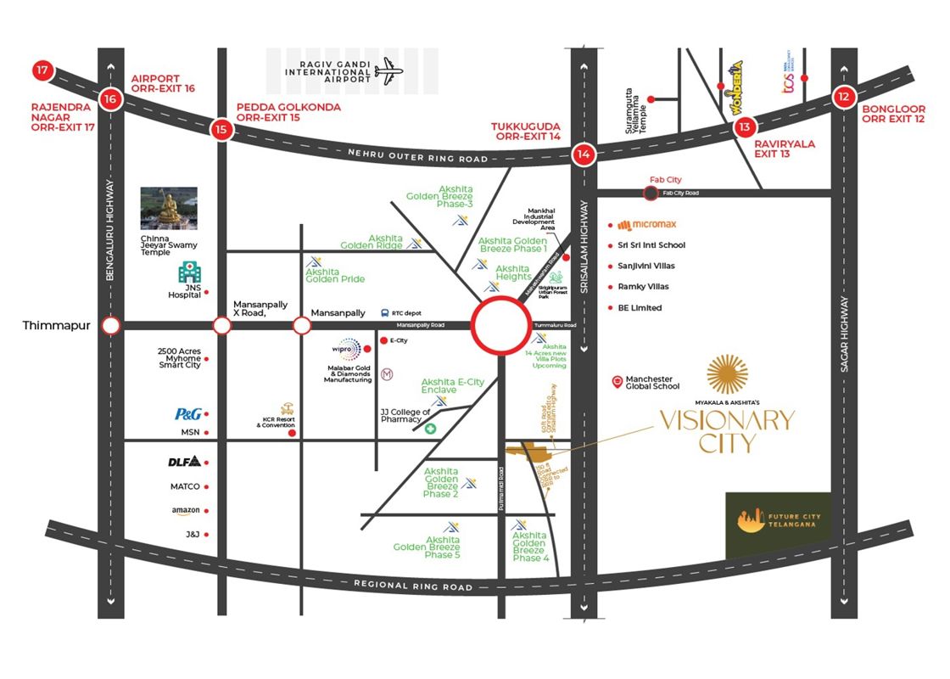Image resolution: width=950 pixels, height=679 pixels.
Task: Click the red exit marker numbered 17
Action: [41, 70]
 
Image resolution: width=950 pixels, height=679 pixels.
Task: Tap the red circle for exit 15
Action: [221, 129]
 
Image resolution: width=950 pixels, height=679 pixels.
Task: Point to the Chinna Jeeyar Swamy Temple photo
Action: [169, 209]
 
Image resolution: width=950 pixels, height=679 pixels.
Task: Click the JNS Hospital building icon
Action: [188, 272]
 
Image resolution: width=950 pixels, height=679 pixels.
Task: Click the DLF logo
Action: [184, 463]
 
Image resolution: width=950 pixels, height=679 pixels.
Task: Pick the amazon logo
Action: [185, 511]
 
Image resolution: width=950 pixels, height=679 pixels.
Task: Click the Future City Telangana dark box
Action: [779, 525]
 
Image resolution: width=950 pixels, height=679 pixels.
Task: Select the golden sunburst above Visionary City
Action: [727, 374]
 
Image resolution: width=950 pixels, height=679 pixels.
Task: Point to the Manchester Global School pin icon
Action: [617, 382]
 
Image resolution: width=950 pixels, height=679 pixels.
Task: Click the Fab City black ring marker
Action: [651, 194]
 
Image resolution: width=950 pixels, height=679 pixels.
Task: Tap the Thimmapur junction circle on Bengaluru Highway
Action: [110, 326]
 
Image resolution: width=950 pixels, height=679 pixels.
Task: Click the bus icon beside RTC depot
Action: [385, 313]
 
